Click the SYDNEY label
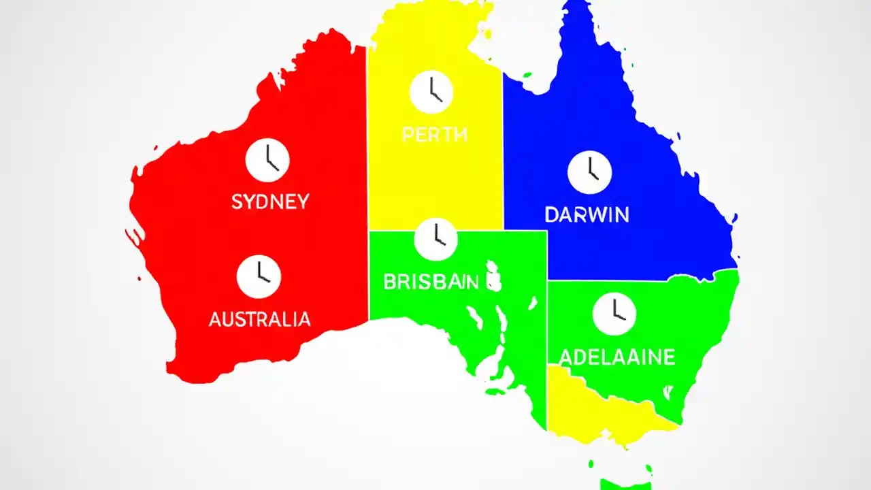(x=270, y=201)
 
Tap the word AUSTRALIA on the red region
(x=259, y=319)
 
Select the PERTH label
(x=434, y=135)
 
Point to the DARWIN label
(x=587, y=215)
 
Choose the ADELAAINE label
(x=617, y=357)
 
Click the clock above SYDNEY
(x=267, y=160)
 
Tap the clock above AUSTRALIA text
(x=259, y=276)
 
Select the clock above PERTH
(x=431, y=91)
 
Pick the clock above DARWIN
(x=589, y=171)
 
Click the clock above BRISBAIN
(x=435, y=239)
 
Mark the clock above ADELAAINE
(x=614, y=313)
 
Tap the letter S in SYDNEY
(x=237, y=201)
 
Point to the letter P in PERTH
(x=407, y=135)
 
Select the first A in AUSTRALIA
(x=215, y=319)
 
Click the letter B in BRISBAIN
(x=389, y=282)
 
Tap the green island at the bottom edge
(x=625, y=484)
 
